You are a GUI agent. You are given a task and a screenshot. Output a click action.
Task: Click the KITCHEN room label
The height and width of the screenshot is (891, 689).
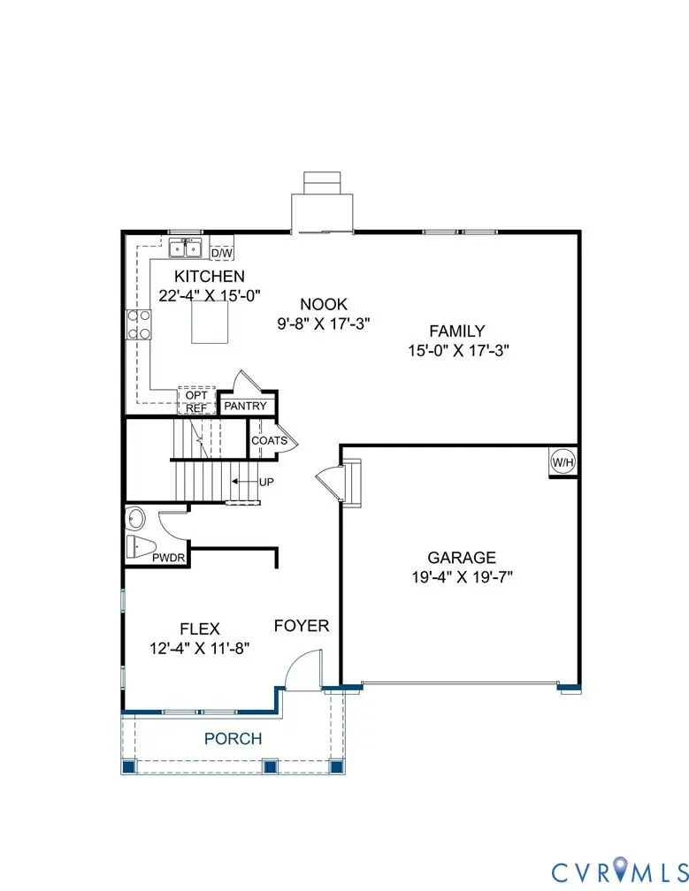209,277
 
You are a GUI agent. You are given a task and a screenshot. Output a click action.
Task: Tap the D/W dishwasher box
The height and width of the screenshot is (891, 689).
221,253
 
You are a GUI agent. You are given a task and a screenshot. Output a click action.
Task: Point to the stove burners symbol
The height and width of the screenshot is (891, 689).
139,324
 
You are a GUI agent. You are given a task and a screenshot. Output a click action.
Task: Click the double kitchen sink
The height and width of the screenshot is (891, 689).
186,247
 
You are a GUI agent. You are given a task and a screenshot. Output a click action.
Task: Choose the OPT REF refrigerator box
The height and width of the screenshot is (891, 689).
196,401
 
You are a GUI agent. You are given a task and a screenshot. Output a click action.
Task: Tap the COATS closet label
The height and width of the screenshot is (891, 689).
268,440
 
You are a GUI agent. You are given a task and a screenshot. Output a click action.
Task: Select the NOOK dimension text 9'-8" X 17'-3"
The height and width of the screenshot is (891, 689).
323,324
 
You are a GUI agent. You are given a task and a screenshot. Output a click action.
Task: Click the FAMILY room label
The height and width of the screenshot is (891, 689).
456,331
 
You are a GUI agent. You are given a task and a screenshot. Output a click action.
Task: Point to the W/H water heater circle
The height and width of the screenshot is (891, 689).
563,461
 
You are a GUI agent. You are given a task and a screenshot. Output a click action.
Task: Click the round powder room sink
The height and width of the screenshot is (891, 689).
136,518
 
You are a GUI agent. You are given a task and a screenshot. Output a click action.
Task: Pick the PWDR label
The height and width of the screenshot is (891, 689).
167,559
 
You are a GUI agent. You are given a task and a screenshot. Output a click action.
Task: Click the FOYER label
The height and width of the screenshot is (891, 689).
301,627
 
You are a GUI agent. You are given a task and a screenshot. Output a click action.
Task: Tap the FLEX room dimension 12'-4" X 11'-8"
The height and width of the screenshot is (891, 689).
200,648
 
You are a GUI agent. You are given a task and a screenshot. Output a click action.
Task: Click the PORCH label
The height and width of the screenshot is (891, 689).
233,738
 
